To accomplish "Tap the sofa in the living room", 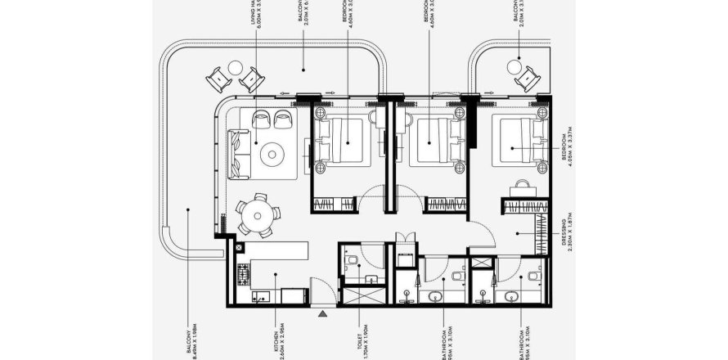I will coord(238,153).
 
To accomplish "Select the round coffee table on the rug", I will coord(271,152).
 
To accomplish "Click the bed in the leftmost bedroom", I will coord(341,141).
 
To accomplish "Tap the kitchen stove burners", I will coord(242,272).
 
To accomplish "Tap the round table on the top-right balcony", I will coord(515,65).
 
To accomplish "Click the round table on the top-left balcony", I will coord(236,68).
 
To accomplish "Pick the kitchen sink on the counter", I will coord(261,297).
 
